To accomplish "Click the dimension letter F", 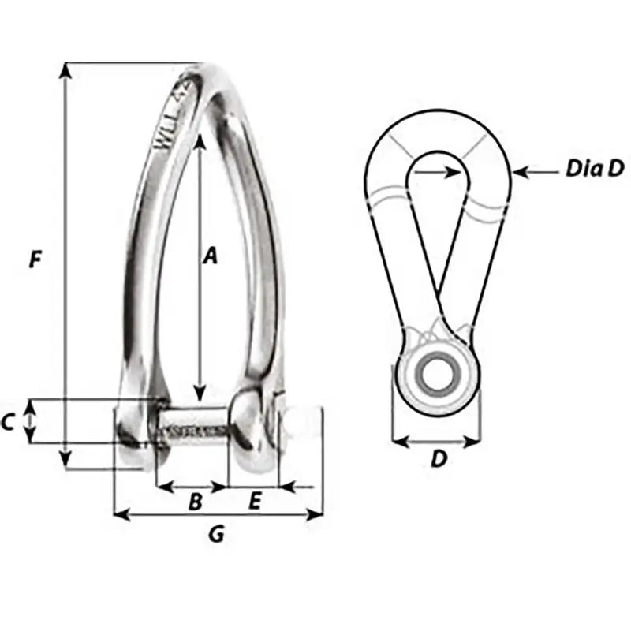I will [34, 259].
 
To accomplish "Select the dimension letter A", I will [209, 256].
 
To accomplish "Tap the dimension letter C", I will [8, 423].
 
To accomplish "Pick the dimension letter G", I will [215, 536].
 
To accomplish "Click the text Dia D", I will [584, 170].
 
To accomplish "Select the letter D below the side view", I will [439, 459].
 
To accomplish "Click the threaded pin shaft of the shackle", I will [194, 431].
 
